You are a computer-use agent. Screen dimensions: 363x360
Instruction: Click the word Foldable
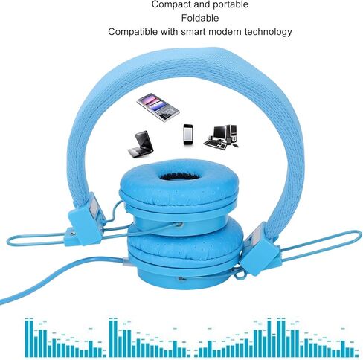[x=200, y=18]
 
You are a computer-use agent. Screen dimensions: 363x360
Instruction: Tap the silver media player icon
[x=158, y=107]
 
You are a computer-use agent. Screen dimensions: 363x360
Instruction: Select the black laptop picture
[x=141, y=144]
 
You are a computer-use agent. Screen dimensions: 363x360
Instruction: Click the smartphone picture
[x=188, y=135]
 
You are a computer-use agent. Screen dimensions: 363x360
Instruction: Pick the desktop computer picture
[x=221, y=137]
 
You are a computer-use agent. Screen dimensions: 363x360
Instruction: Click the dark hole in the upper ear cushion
[x=179, y=176]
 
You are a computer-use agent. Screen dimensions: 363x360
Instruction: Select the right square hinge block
[x=260, y=255]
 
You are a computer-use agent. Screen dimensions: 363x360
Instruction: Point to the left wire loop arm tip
[x=8, y=240]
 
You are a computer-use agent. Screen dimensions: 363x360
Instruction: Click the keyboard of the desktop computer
[x=215, y=145]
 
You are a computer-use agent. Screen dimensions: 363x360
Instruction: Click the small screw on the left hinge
[x=72, y=234]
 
